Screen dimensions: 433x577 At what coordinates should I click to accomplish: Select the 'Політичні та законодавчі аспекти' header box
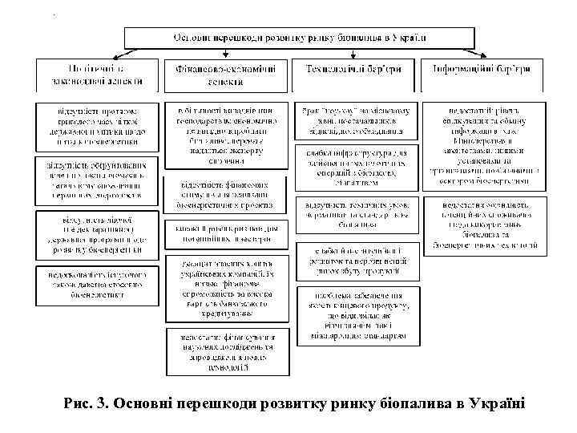[x=95, y=75]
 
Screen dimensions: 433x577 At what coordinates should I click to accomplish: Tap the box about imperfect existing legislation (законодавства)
[x=95, y=282]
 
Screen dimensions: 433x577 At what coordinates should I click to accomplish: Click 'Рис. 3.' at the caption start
[x=87, y=401]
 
